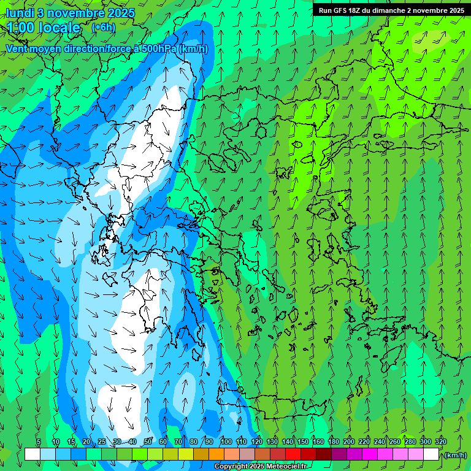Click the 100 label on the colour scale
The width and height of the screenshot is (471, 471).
pyautogui.click(x=226, y=442)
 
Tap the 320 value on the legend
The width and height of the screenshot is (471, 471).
pyautogui.click(x=440, y=442)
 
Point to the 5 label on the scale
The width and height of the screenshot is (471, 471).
pyautogui.click(x=39, y=442)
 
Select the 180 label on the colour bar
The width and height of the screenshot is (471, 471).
pyautogui.click(x=333, y=442)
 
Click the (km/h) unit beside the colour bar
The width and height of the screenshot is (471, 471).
pyautogui.click(x=455, y=455)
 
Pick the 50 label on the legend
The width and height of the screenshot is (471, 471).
pyautogui.click(x=148, y=442)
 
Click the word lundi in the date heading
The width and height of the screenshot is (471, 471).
pyautogui.click(x=20, y=13)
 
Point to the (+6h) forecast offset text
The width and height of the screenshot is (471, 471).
pyautogui.click(x=103, y=28)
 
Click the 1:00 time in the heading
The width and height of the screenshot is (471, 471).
pyautogui.click(x=22, y=28)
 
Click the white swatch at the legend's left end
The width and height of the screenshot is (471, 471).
pyautogui.click(x=33, y=454)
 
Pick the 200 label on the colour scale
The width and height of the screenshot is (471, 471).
pyautogui.click(x=349, y=442)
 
